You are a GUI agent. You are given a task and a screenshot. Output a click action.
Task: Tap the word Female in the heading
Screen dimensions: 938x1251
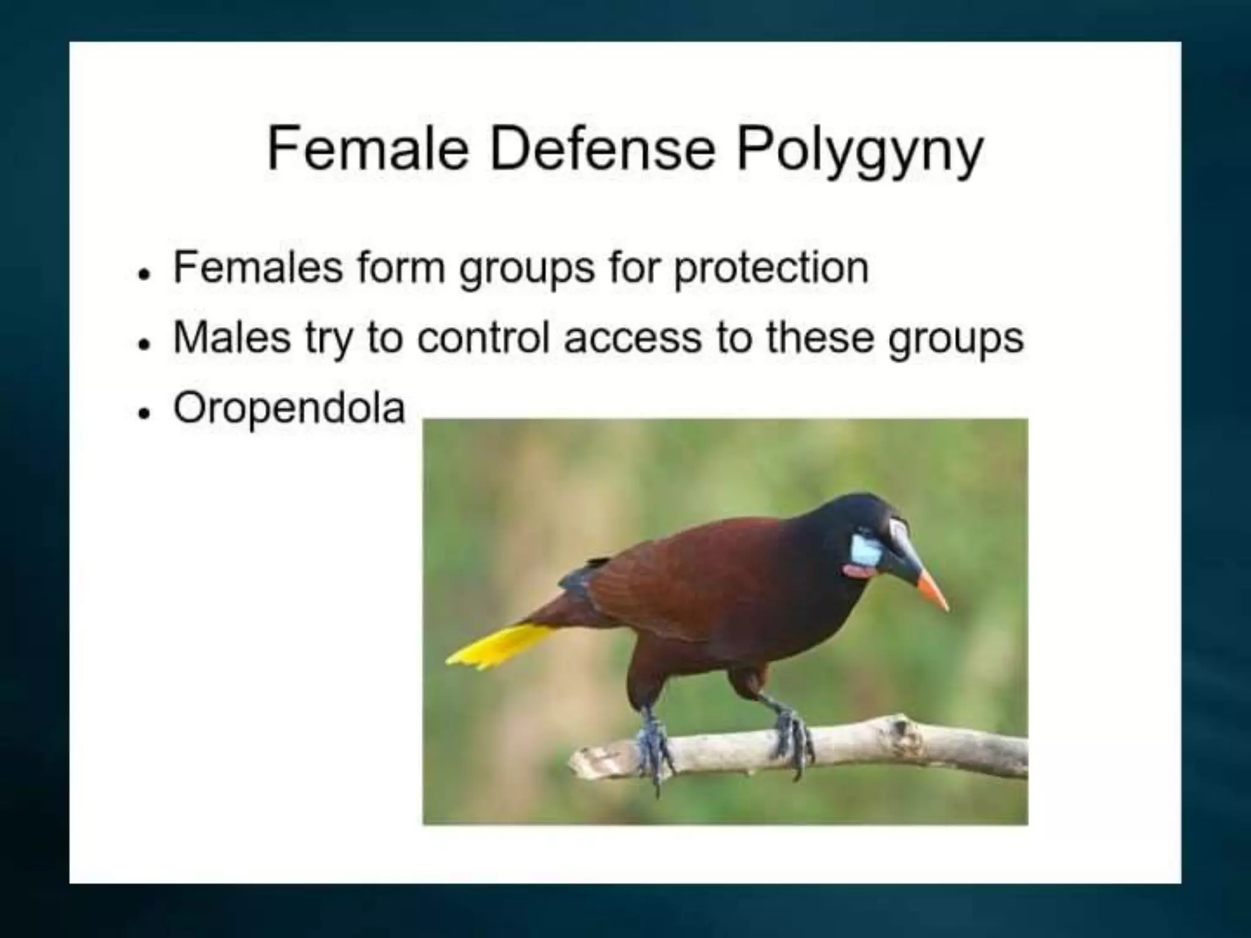pos(367,150)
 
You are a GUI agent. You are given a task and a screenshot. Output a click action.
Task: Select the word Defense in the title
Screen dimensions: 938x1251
pos(602,150)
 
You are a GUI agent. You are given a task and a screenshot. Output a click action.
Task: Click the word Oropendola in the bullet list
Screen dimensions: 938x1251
pos(289,407)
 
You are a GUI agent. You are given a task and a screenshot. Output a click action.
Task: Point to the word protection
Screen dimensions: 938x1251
pos(771,268)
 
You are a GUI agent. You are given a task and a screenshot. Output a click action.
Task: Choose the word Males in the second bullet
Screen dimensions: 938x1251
pos(232,337)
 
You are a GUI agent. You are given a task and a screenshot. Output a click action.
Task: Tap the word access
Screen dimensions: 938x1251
pos(632,337)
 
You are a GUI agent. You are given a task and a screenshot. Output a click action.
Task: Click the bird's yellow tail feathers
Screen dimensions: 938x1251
pos(498,646)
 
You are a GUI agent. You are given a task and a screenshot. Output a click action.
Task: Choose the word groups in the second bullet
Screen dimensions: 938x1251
pos(955,338)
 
